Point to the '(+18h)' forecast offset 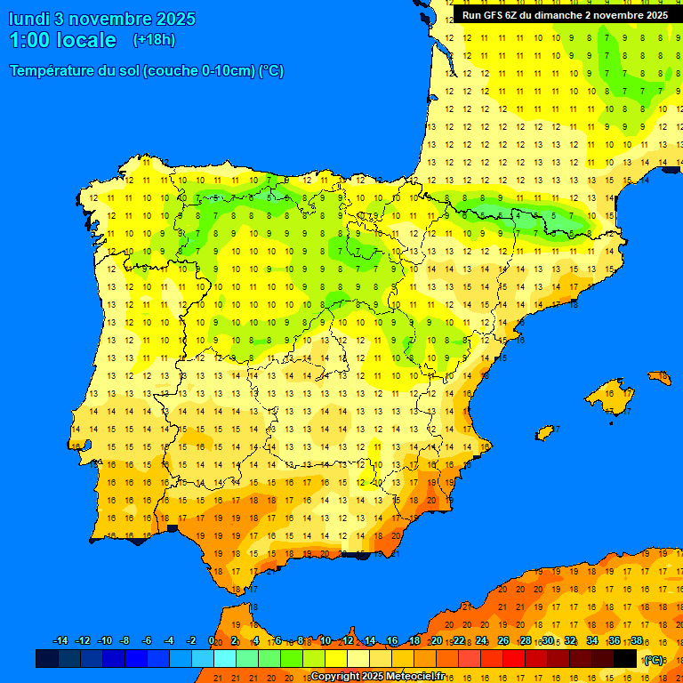tap(154, 40)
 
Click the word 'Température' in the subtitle tap(53, 71)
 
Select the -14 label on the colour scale tap(60, 641)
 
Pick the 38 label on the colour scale tap(637, 641)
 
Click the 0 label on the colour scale tap(211, 641)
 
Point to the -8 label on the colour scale tap(125, 641)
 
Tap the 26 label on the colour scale tap(503, 641)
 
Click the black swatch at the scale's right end tap(625, 658)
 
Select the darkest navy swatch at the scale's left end tap(46, 658)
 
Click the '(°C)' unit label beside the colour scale tap(654, 659)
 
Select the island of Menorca tap(660, 378)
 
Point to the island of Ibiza tap(545, 433)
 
